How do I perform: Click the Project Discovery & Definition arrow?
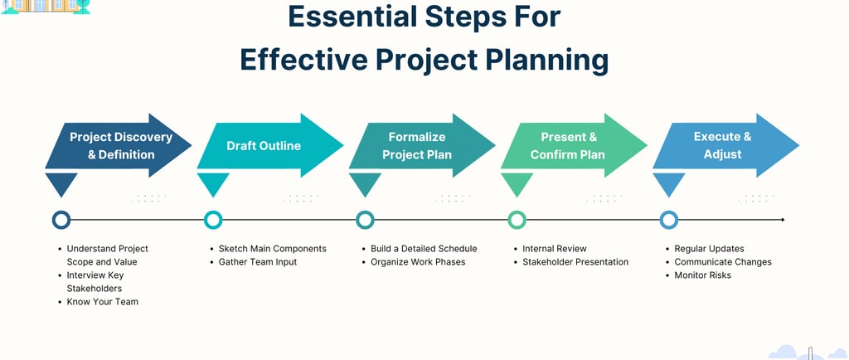[x=120, y=146]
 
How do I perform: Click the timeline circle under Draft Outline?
[x=213, y=220]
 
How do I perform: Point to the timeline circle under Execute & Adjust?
[x=669, y=220]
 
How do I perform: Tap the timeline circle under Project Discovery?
[x=61, y=220]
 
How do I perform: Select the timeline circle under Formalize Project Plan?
[x=365, y=220]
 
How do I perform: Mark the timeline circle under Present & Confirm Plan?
[x=517, y=220]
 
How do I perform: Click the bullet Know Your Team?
[x=102, y=302]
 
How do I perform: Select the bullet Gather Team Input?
[x=257, y=262]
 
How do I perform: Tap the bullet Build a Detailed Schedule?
[x=424, y=249]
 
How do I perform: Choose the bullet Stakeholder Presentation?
[x=575, y=262]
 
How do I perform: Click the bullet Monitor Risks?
[x=702, y=275]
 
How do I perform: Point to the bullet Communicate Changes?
[x=722, y=262]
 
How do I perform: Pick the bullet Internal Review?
[x=554, y=249]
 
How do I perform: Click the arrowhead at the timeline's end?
[x=782, y=220]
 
